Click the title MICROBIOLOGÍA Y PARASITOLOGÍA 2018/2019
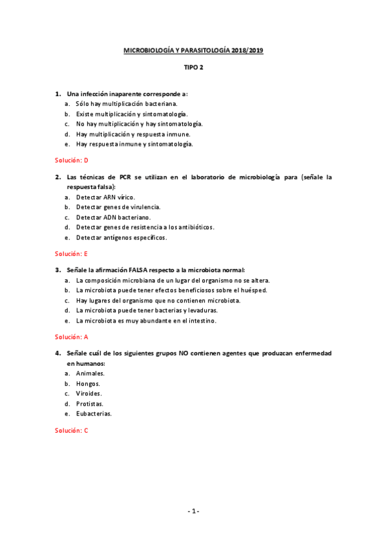pos(194,48)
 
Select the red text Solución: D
pos(71,160)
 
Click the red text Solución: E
pos(71,254)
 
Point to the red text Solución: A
pos(71,336)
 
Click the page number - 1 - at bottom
pos(193,511)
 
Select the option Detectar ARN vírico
pos(105,197)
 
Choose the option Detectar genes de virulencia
pos(118,207)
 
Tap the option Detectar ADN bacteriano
pos(113,217)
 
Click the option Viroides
pos(89,393)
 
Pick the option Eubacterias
pos(94,413)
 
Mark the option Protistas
pos(90,403)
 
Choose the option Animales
pos(90,373)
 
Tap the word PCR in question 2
pos(125,177)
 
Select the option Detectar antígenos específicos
pos(121,237)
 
